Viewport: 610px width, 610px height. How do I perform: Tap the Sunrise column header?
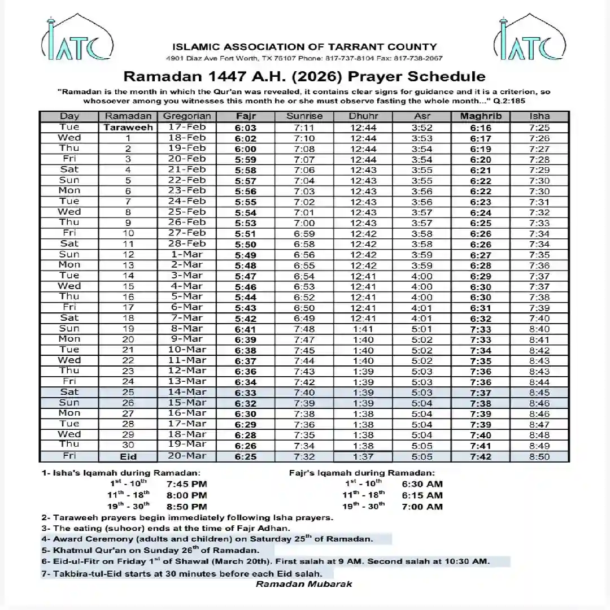tap(304, 116)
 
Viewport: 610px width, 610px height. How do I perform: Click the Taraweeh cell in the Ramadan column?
tap(128, 128)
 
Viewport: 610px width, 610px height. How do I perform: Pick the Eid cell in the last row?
tap(128, 456)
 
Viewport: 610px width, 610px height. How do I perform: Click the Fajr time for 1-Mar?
tap(246, 255)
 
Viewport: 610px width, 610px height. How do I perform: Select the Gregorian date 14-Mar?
tap(187, 392)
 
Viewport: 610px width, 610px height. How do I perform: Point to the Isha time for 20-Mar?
tap(539, 456)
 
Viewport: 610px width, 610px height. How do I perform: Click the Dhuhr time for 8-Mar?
tap(363, 329)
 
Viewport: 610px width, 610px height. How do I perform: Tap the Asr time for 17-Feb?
tap(422, 128)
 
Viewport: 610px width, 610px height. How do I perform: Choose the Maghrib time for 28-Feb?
tap(480, 245)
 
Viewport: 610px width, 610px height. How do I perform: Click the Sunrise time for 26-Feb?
tap(304, 223)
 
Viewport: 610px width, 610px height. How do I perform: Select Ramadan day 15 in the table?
tap(128, 286)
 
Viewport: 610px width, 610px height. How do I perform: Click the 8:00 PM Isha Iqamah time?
tap(187, 495)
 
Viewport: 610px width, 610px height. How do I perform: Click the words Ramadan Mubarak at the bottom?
tap(304, 583)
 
